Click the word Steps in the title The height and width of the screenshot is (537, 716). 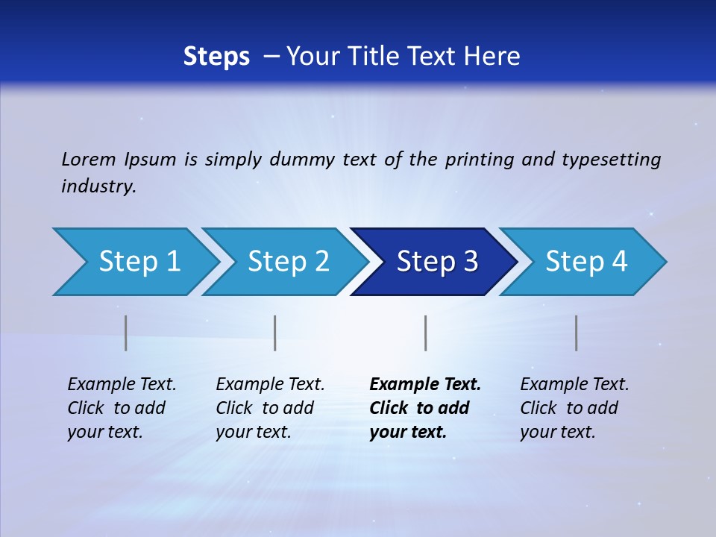pyautogui.click(x=216, y=57)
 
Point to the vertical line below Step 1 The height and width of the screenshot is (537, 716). pyautogui.click(x=126, y=333)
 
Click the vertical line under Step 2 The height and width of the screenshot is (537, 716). pyautogui.click(x=275, y=333)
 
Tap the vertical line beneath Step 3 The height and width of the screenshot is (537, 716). pyautogui.click(x=425, y=333)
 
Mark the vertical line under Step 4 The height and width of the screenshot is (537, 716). pyautogui.click(x=576, y=333)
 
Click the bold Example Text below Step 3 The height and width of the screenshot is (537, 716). pyautogui.click(x=425, y=385)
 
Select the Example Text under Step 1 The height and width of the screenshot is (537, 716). pyautogui.click(x=122, y=385)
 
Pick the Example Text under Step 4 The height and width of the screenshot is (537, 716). pyautogui.click(x=574, y=385)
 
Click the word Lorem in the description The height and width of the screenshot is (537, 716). pyautogui.click(x=89, y=160)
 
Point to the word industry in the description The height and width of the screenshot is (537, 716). pyautogui.click(x=98, y=186)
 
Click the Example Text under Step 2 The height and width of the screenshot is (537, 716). pyautogui.click(x=270, y=385)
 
